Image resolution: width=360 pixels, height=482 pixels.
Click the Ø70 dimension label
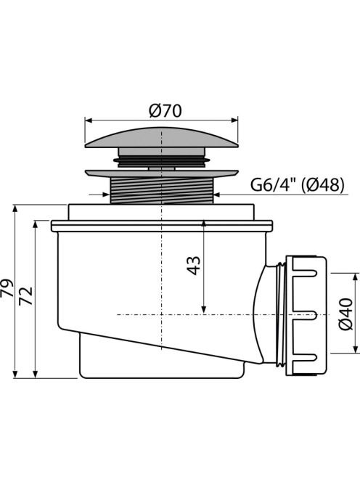(x=165, y=111)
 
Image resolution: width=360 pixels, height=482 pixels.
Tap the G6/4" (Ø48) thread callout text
(x=297, y=185)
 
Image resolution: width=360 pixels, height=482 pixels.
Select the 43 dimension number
(x=194, y=266)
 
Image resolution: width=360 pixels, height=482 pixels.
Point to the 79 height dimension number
(x=7, y=288)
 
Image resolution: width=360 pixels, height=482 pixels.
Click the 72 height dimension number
(x=26, y=295)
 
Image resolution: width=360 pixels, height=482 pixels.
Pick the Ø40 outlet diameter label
(x=346, y=314)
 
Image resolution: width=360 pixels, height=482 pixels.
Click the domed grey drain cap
(x=161, y=137)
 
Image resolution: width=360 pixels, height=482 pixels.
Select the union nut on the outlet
(x=306, y=316)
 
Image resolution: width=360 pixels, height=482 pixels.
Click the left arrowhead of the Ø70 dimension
(x=88, y=120)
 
